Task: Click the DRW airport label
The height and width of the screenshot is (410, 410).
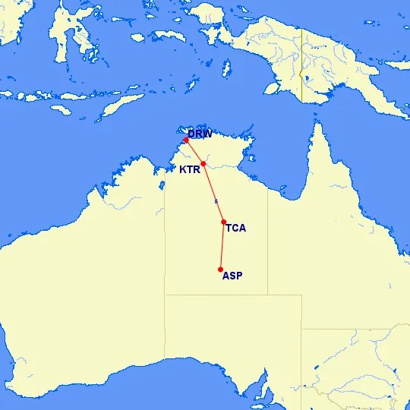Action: tap(200, 134)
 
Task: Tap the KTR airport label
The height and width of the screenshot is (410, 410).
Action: tap(189, 170)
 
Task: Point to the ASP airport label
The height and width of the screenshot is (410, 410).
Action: tap(232, 276)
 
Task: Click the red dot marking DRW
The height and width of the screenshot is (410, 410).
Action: tap(186, 140)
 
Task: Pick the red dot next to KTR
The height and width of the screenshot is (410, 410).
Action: tap(203, 163)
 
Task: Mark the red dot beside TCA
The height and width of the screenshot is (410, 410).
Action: tap(223, 222)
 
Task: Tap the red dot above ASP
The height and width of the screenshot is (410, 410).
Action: tap(220, 270)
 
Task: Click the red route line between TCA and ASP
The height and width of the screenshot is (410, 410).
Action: tap(222, 246)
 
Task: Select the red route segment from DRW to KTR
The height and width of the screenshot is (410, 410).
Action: tap(194, 152)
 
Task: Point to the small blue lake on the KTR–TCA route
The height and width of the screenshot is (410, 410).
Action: tap(216, 201)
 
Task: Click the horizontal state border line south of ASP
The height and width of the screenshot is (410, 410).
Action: tap(228, 295)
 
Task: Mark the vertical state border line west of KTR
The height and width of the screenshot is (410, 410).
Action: tap(166, 228)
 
